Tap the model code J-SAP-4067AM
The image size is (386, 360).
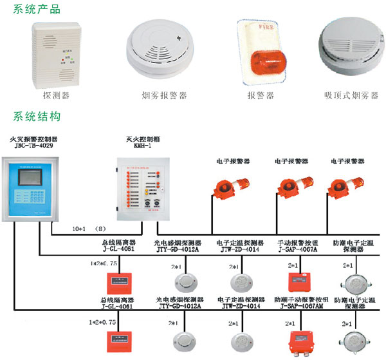coord(297,306)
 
